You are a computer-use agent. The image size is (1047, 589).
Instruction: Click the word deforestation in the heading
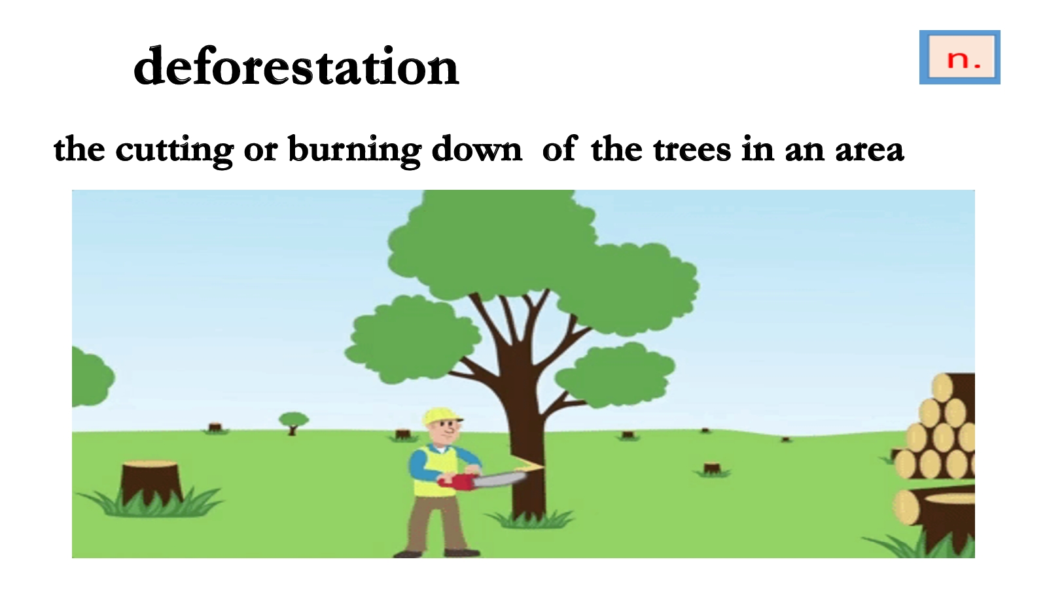(x=296, y=67)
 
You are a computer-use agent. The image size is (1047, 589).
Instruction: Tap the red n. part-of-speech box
(x=959, y=58)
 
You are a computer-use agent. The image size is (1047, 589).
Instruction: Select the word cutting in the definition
(x=174, y=150)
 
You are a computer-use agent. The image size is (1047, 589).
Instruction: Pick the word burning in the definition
(x=354, y=150)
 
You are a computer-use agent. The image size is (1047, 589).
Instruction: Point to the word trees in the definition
(x=692, y=150)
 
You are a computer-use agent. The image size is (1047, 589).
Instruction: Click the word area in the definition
(x=870, y=151)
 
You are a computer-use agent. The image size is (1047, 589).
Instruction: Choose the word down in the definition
(x=477, y=149)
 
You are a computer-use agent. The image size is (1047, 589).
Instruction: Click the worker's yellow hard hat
(x=441, y=416)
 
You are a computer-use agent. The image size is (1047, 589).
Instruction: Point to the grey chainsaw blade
(x=499, y=480)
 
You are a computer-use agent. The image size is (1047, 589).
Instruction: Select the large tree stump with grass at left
(x=151, y=486)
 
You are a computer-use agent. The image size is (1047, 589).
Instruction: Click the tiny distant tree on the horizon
(x=293, y=423)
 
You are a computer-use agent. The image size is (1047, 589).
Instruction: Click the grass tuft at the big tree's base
(x=530, y=519)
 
